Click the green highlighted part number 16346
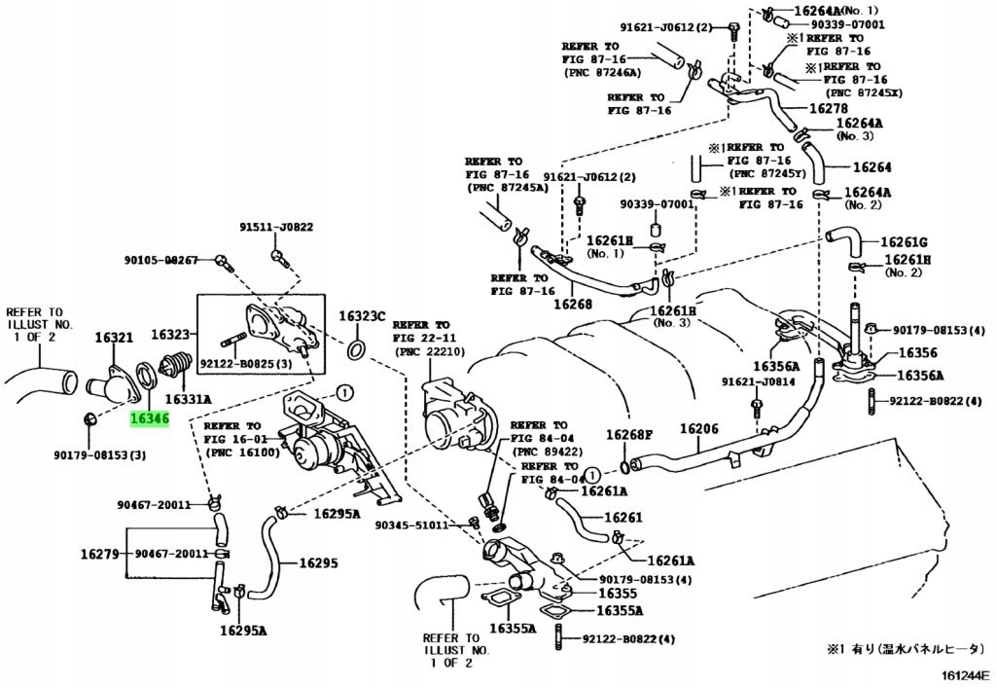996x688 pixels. pyautogui.click(x=150, y=418)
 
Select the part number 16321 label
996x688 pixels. pyautogui.click(x=115, y=337)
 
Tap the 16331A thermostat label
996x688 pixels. pyautogui.click(x=188, y=400)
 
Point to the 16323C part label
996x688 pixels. pyautogui.click(x=362, y=315)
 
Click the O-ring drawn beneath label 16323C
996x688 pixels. pyautogui.click(x=357, y=348)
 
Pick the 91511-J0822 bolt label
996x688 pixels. pyautogui.click(x=276, y=227)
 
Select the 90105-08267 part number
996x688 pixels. pyautogui.click(x=160, y=260)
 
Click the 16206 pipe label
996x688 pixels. pyautogui.click(x=699, y=429)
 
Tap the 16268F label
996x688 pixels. pyautogui.click(x=629, y=435)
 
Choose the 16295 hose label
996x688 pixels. pyautogui.click(x=319, y=562)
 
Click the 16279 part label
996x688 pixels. pyautogui.click(x=100, y=554)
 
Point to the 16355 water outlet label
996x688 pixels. pyautogui.click(x=618, y=594)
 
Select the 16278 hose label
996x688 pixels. pyautogui.click(x=829, y=109)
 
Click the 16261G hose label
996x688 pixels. pyautogui.click(x=904, y=242)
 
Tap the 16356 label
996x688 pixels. pyautogui.click(x=918, y=352)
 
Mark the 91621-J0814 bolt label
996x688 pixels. pyautogui.click(x=758, y=381)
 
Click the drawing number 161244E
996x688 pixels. pyautogui.click(x=965, y=675)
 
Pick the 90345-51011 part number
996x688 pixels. pyautogui.click(x=411, y=525)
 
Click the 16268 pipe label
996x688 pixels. pyautogui.click(x=572, y=304)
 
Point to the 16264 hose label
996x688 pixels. pyautogui.click(x=872, y=167)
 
